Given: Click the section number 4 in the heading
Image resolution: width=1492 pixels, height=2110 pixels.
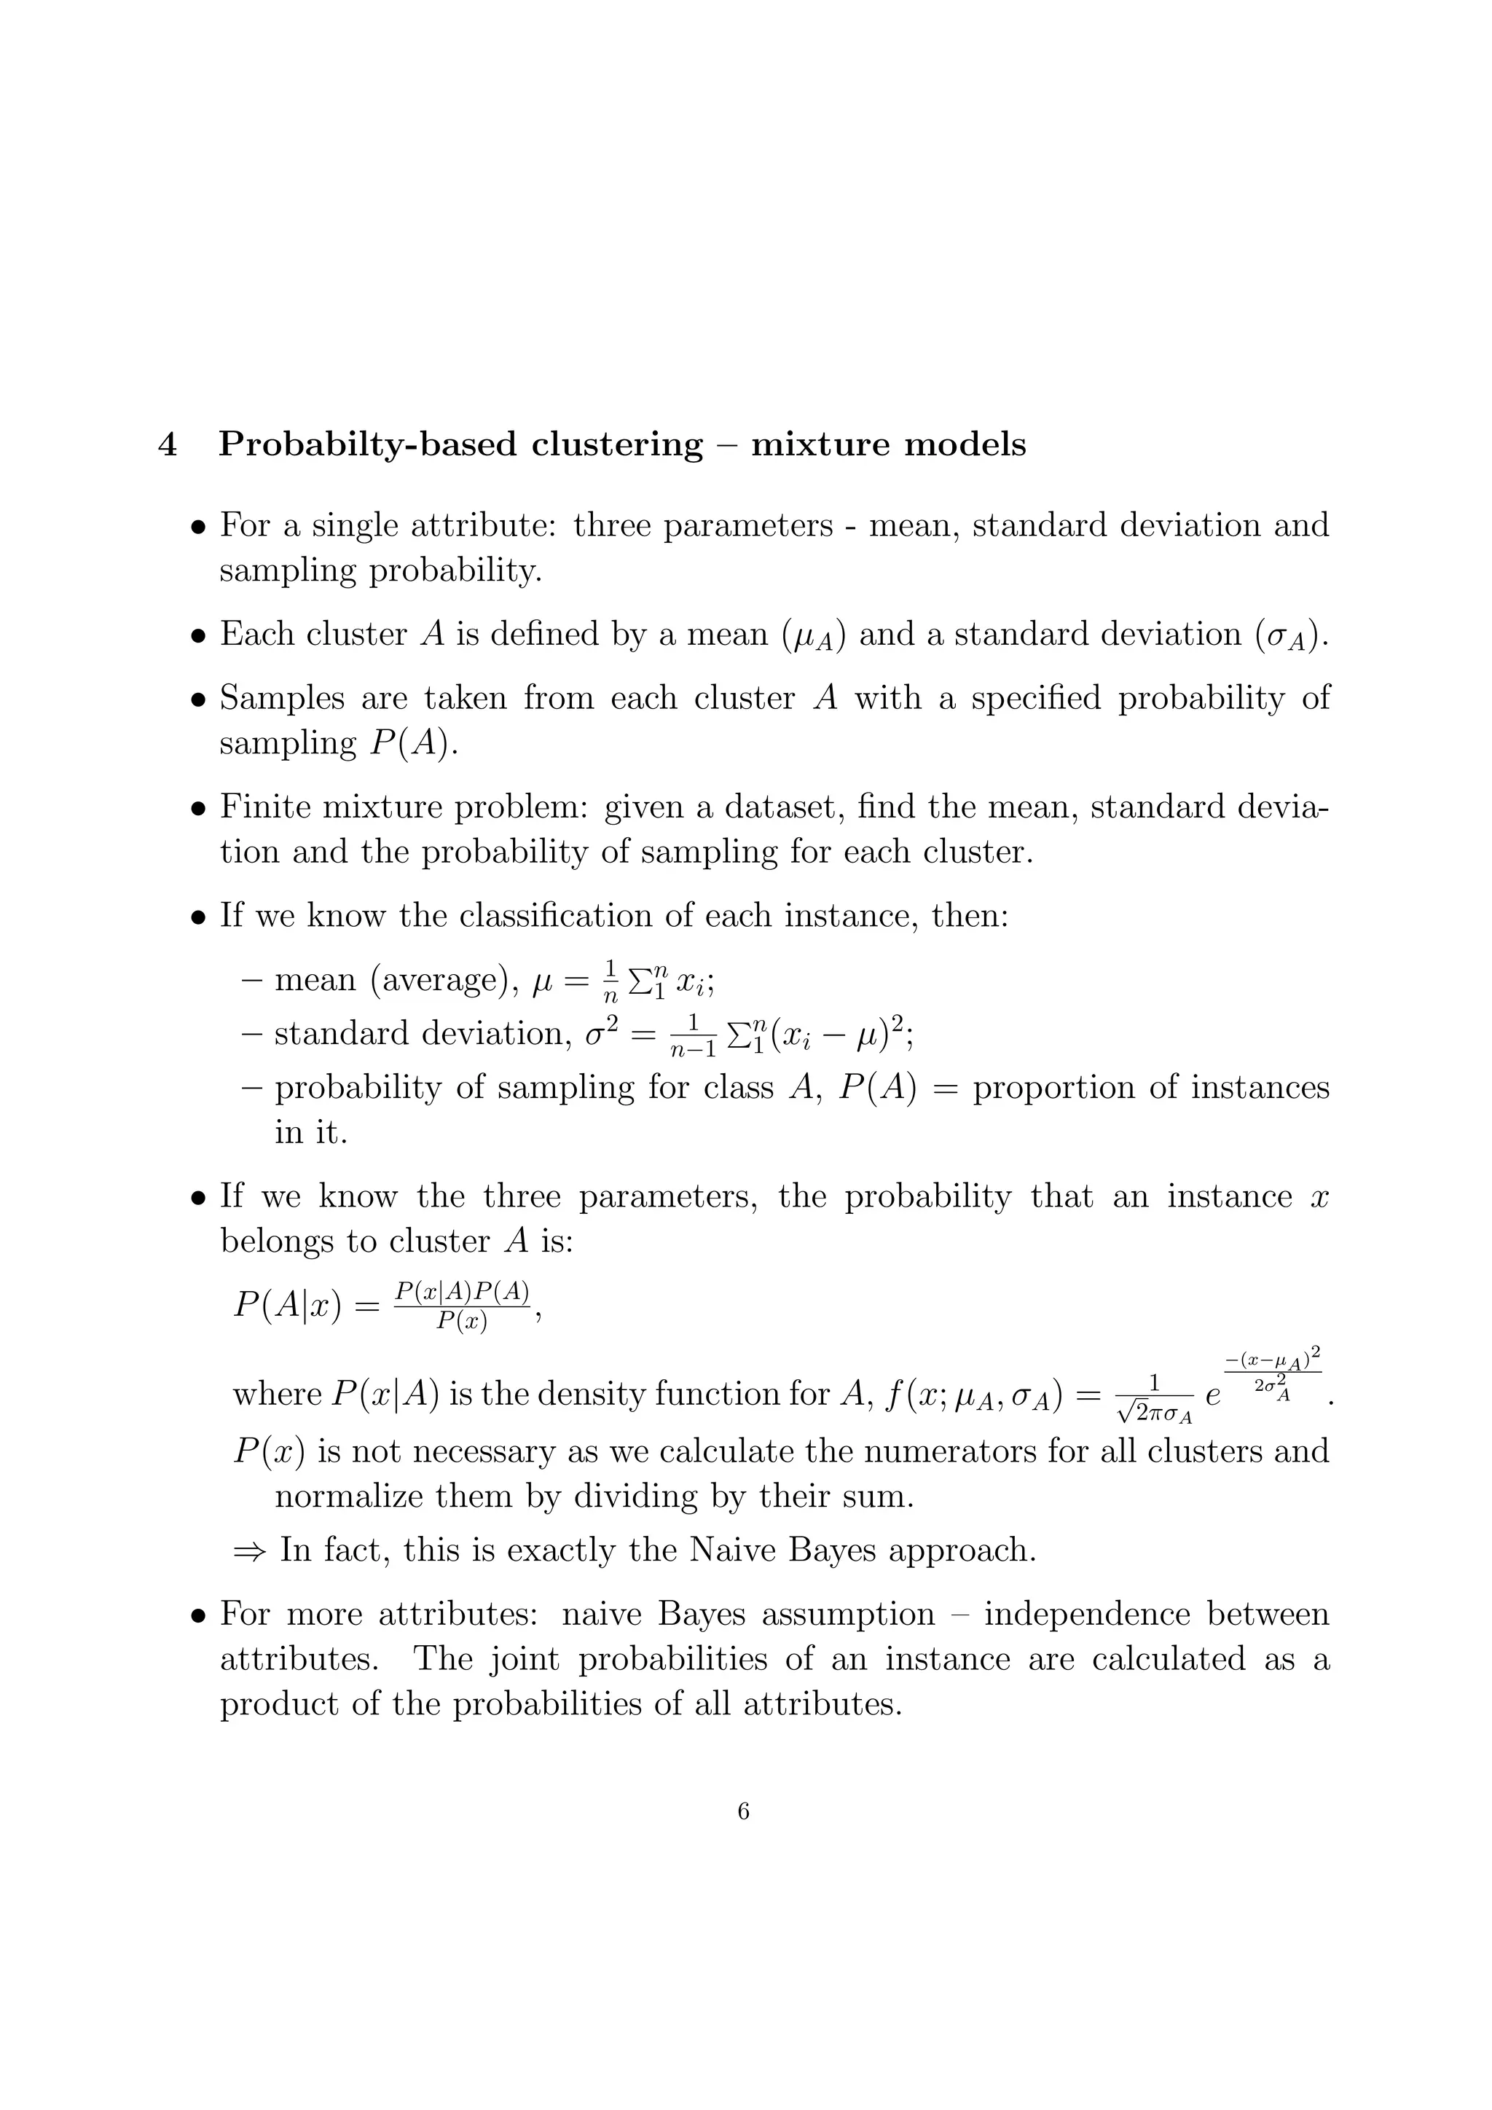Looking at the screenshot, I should (x=168, y=444).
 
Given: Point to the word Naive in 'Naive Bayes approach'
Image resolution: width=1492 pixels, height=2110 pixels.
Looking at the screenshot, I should (x=731, y=1550).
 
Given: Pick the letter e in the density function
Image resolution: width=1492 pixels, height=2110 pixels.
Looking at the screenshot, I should (x=1213, y=1397).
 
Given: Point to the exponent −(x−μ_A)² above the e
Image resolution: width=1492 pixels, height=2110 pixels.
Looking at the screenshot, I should (x=1273, y=1358).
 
